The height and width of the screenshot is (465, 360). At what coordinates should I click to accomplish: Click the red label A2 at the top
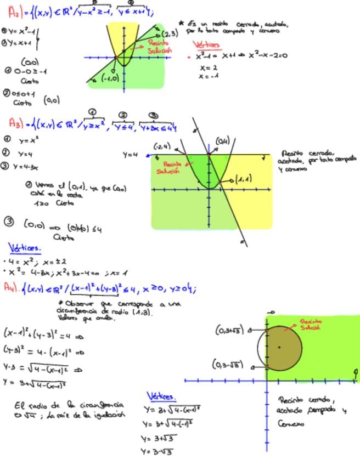click(14, 10)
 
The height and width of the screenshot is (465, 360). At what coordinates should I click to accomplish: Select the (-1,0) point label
click(111, 78)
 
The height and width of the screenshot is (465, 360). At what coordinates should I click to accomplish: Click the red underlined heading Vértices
click(207, 45)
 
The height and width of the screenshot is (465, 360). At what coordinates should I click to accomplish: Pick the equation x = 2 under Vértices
click(209, 68)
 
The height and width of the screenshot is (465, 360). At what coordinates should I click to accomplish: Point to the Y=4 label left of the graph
click(130, 155)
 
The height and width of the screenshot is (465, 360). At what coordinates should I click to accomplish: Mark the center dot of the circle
click(279, 347)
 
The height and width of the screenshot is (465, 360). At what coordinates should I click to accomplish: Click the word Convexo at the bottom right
click(290, 423)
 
